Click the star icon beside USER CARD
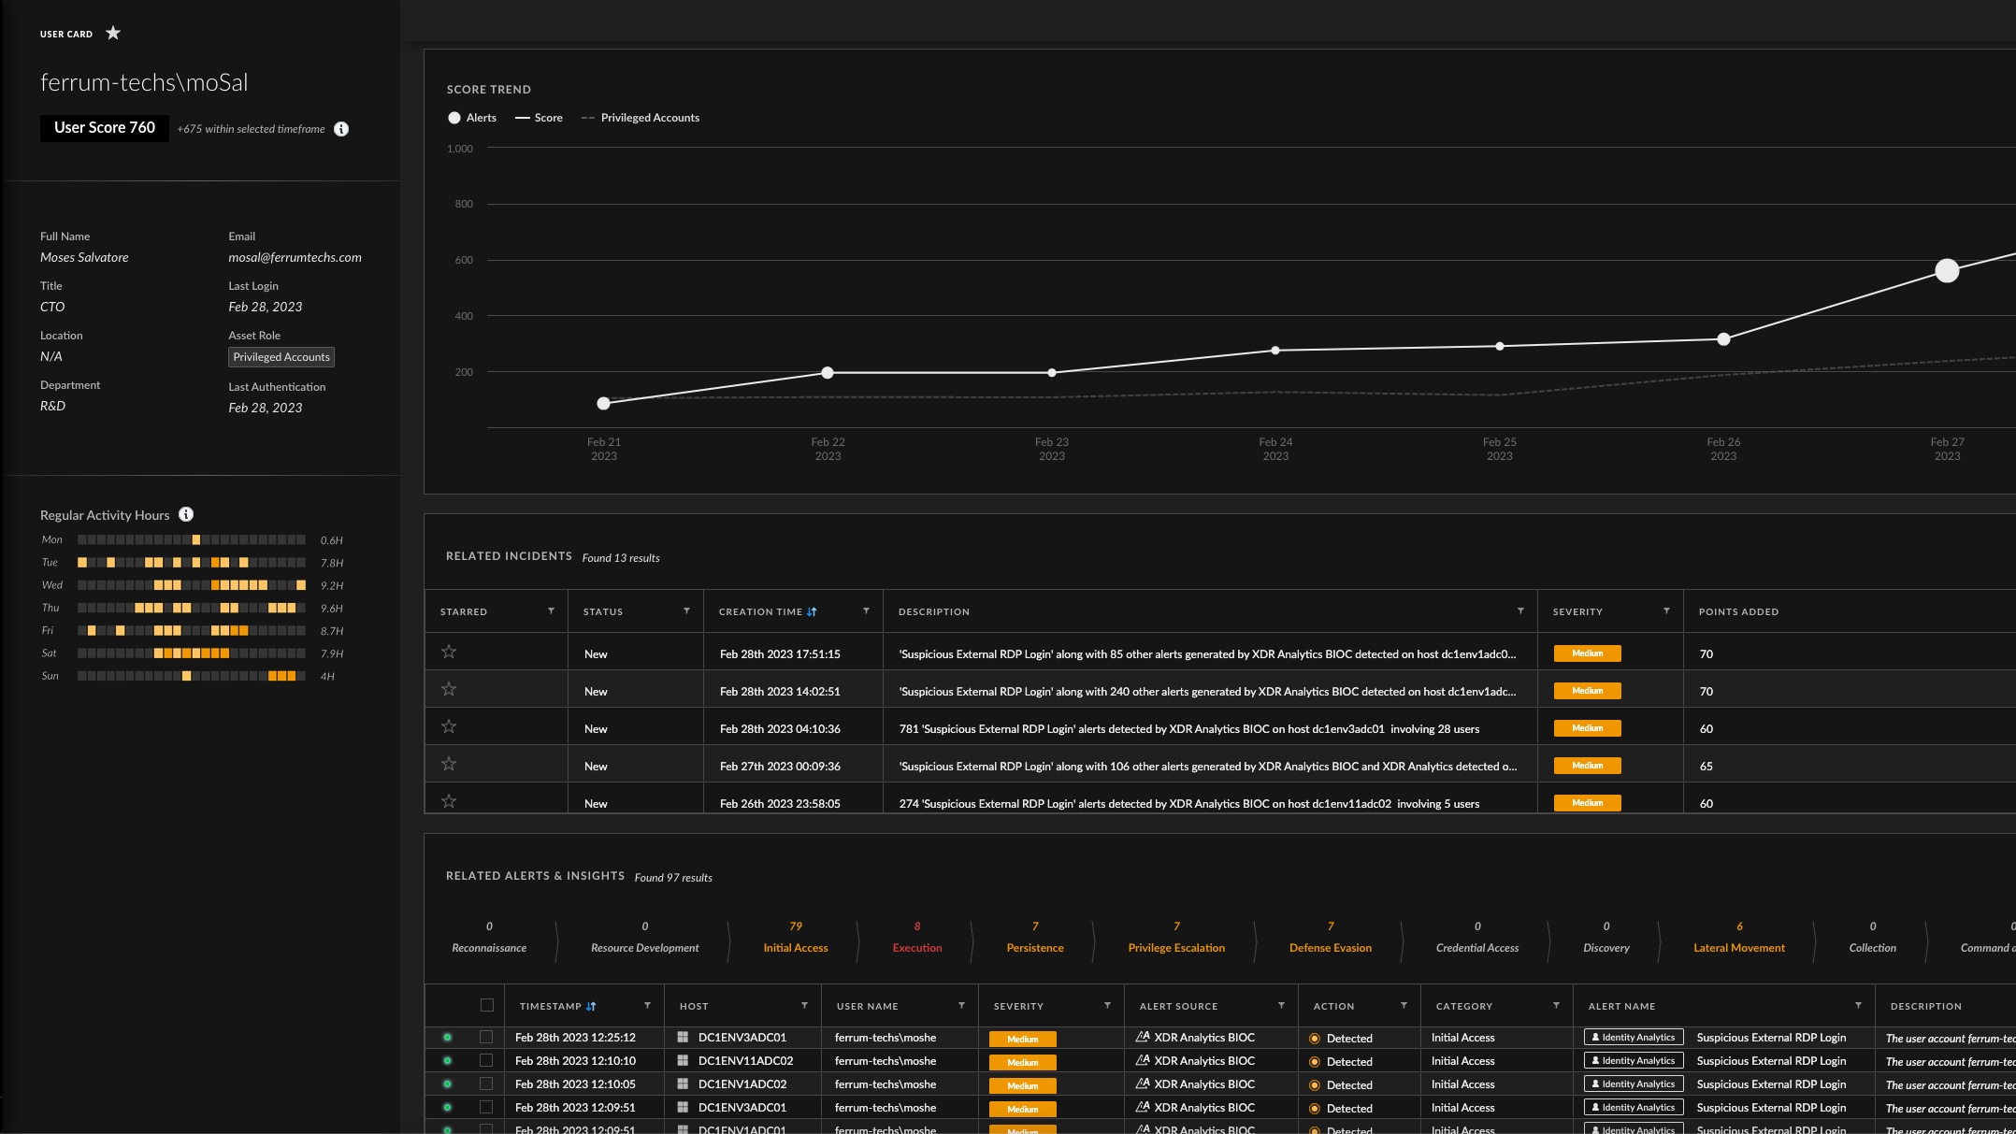pos(113,34)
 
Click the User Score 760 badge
pos(104,128)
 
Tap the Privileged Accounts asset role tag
pos(281,357)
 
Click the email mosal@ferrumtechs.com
pos(295,258)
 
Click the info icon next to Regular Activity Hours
pos(186,515)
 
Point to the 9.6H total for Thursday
pos(331,609)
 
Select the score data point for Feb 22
pos(827,373)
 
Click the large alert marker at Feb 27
pos(1947,271)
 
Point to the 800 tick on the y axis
pos(464,204)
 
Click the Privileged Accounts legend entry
pos(649,118)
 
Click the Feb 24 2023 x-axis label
pos(1274,449)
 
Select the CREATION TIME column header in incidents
pos(760,612)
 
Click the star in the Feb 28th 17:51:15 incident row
pos(449,653)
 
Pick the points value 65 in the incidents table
pos(1706,767)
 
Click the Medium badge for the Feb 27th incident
pos(1587,766)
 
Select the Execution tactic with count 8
pos(916,938)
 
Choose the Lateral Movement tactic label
pos(1738,948)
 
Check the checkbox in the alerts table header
pos(486,1006)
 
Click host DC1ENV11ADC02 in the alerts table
pos(745,1061)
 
